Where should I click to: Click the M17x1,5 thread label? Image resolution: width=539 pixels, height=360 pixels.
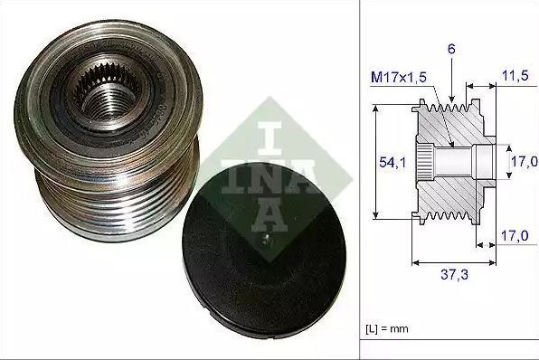point(399,78)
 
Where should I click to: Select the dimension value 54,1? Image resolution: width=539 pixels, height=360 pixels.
point(392,162)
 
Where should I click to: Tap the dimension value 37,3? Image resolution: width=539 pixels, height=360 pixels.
point(454,274)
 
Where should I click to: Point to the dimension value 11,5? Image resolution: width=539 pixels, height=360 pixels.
point(515,76)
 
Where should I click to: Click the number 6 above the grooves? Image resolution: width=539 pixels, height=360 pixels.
point(451,49)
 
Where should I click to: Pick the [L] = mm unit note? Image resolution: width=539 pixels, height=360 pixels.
point(387,328)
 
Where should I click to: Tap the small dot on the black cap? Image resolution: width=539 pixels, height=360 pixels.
point(265,237)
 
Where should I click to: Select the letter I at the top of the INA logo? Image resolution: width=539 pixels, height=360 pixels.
point(269,137)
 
